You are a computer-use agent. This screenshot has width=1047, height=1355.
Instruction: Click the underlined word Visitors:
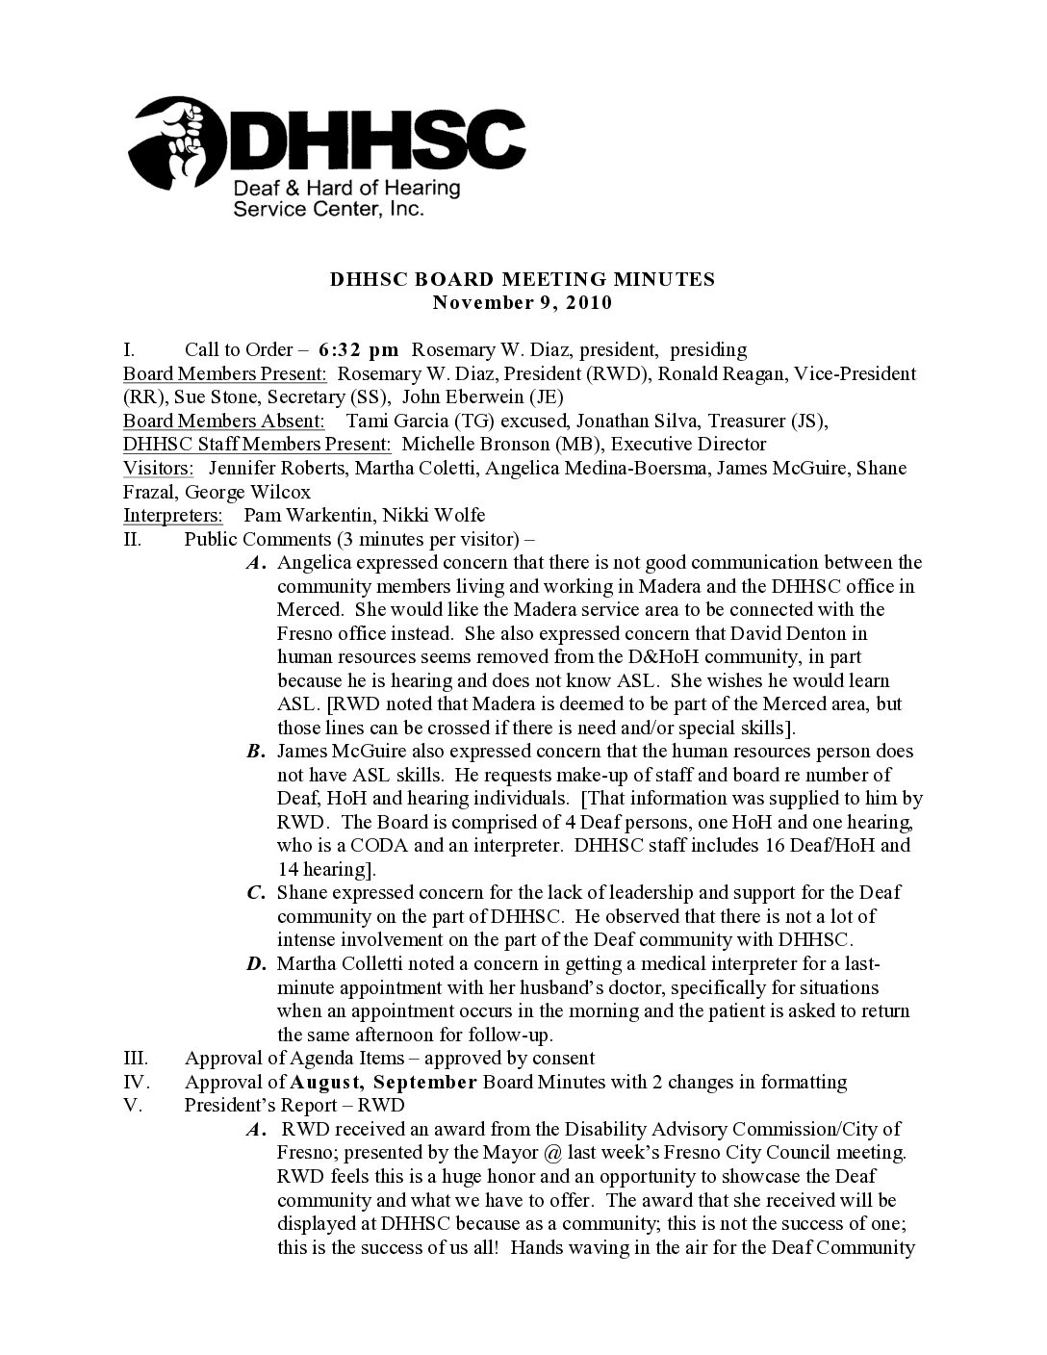click(158, 468)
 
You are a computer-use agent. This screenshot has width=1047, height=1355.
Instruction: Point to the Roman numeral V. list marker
click(134, 1106)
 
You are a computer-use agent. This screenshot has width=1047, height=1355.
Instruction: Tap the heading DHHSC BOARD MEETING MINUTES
click(523, 280)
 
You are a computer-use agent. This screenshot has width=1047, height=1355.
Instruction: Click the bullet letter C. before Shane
click(256, 893)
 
